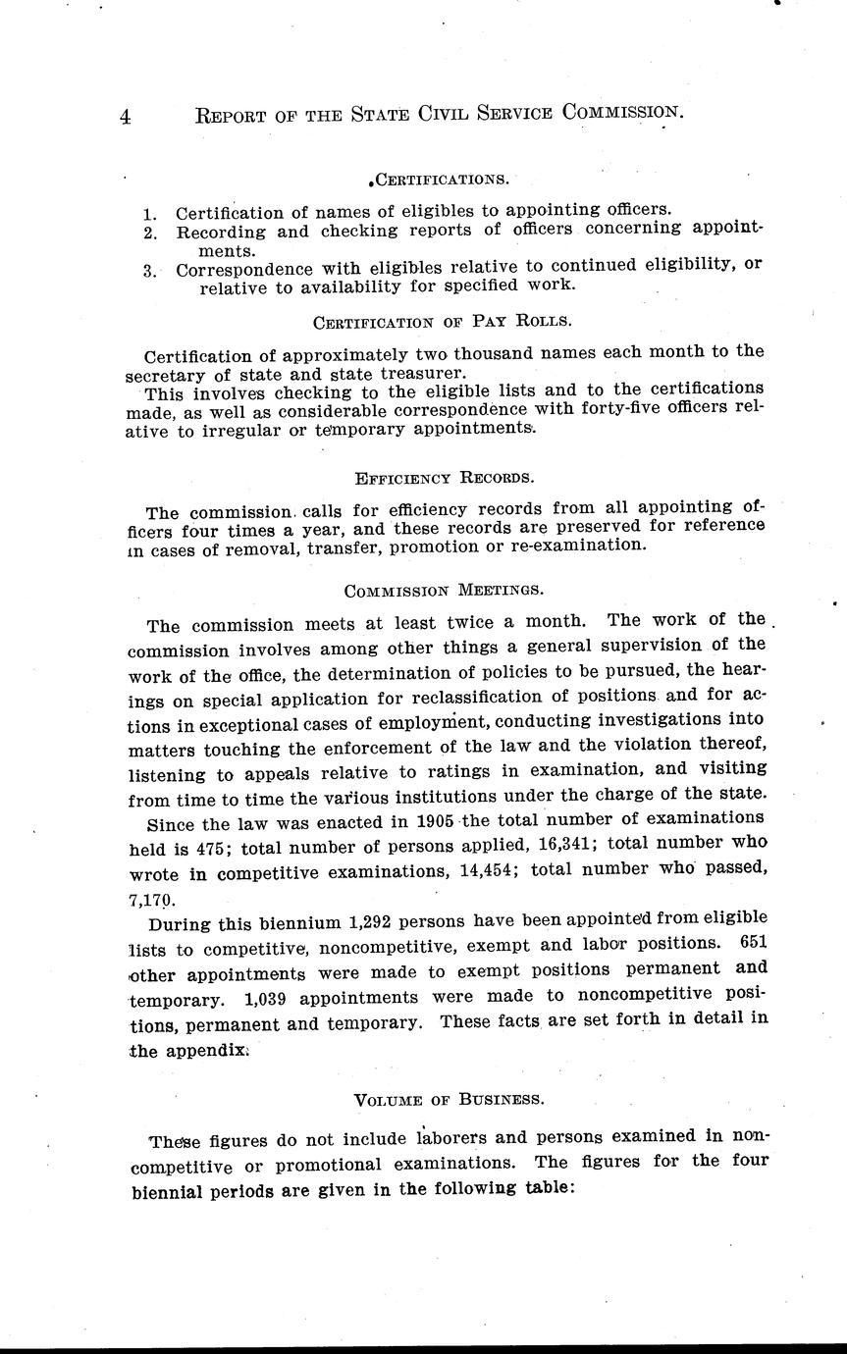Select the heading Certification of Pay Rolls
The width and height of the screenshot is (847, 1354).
coord(443,322)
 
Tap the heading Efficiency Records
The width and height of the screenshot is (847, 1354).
coord(444,478)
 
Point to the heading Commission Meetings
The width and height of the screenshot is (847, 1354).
coord(444,590)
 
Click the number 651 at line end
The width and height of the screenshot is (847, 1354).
coord(750,942)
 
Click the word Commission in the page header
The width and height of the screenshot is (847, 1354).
coord(621,113)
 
